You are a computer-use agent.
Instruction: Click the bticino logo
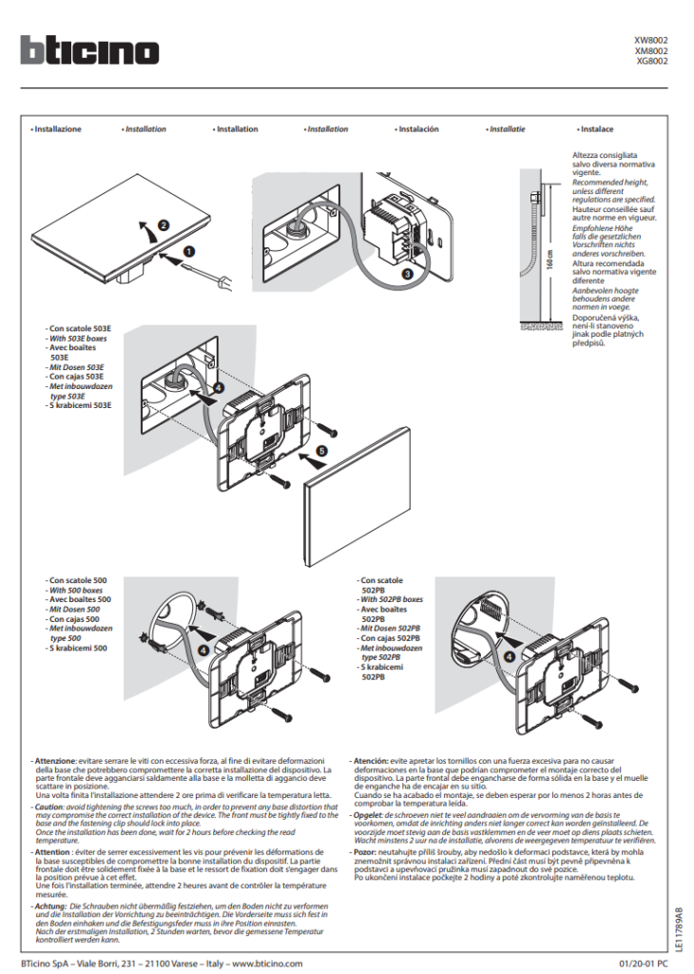[x=90, y=50]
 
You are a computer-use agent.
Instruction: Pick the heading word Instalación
[x=417, y=129]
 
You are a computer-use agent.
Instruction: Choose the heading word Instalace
[x=596, y=129]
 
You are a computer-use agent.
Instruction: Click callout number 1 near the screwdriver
[x=187, y=252]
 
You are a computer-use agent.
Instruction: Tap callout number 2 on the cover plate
[x=163, y=225]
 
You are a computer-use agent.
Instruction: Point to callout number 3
[x=408, y=273]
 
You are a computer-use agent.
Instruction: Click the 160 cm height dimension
[x=549, y=267]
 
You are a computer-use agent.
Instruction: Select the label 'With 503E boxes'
[x=79, y=339]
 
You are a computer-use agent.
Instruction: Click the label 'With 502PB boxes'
[x=393, y=599]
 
